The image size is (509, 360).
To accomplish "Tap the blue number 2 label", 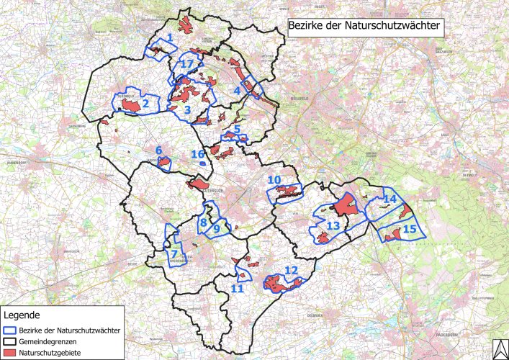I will [x=145, y=104].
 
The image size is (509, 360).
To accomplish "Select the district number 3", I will [x=187, y=109].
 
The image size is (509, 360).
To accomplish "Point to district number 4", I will [x=236, y=91].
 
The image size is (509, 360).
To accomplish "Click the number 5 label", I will [x=237, y=129].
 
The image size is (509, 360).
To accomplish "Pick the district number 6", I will [x=158, y=150].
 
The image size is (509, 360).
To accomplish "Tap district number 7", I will [x=174, y=253].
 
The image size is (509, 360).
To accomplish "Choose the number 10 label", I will [x=274, y=179].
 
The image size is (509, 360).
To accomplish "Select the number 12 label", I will [x=291, y=270].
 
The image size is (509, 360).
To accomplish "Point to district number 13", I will [x=333, y=226].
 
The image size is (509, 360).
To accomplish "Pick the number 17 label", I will [x=188, y=64].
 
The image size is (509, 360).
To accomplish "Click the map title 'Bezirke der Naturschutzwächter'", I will [x=365, y=27].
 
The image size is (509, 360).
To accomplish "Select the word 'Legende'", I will [x=22, y=315].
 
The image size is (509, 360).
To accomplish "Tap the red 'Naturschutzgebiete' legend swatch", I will [x=10, y=352].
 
